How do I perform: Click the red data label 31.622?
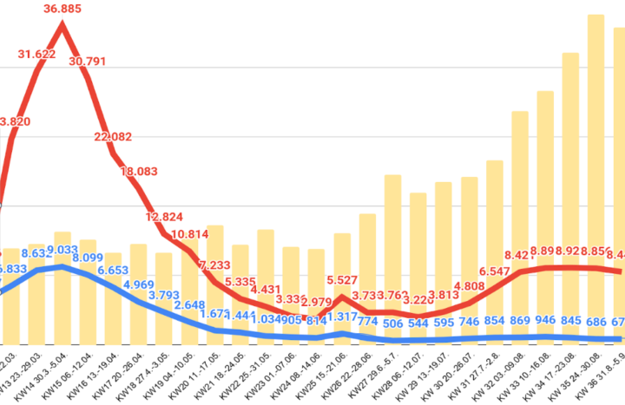(37, 54)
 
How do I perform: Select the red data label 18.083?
(138, 172)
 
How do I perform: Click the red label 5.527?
(342, 281)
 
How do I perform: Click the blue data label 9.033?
(62, 251)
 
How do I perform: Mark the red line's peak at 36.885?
(62, 23)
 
